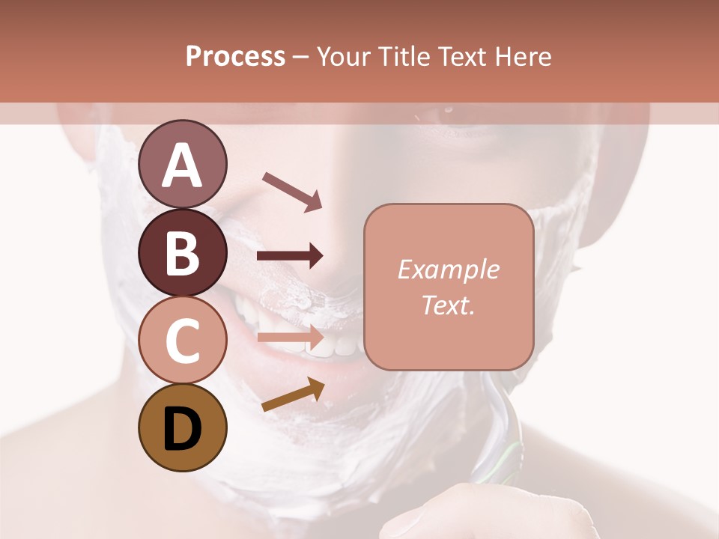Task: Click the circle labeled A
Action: click(x=182, y=165)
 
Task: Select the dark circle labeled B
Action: click(x=182, y=252)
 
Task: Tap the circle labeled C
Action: click(x=182, y=340)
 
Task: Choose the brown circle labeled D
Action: click(x=182, y=428)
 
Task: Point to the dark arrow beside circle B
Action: click(x=291, y=256)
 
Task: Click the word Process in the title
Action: click(x=235, y=57)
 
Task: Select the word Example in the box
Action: click(x=449, y=269)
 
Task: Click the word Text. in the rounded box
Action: click(x=449, y=305)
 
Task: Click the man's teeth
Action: click(x=330, y=341)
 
